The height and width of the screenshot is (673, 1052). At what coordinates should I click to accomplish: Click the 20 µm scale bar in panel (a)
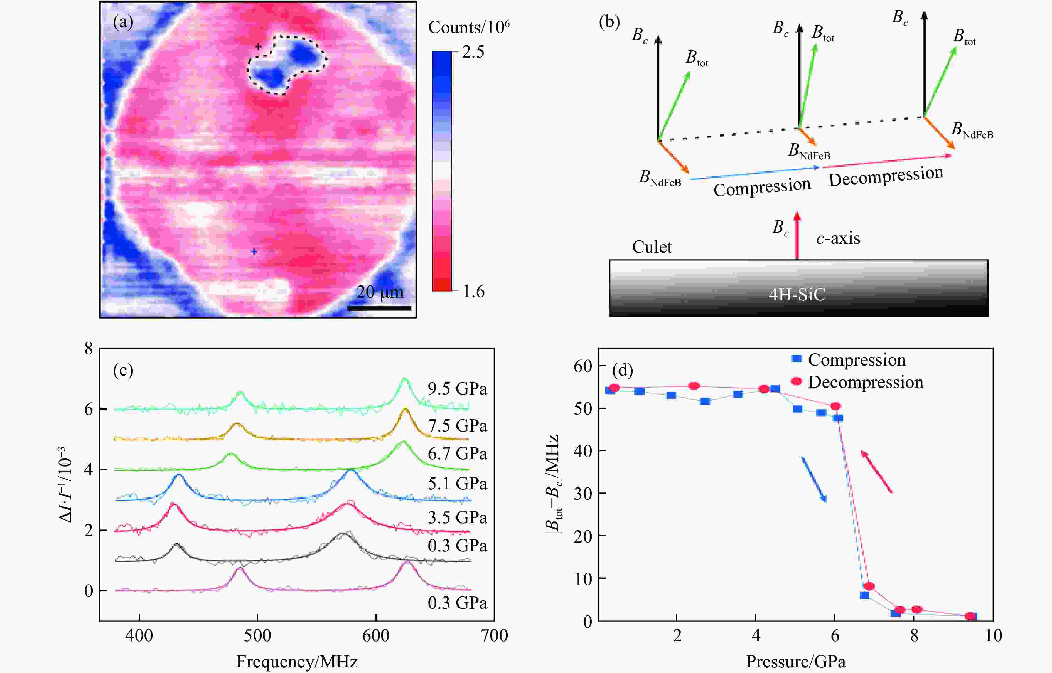pyautogui.click(x=379, y=308)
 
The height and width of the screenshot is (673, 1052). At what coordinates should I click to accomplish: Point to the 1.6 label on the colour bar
pyautogui.click(x=473, y=292)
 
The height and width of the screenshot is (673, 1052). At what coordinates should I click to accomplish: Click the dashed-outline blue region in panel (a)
pyautogui.click(x=286, y=65)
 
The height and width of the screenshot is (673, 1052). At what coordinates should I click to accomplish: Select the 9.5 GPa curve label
pyautogui.click(x=457, y=388)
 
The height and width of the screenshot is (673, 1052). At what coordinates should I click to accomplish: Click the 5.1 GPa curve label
pyautogui.click(x=457, y=484)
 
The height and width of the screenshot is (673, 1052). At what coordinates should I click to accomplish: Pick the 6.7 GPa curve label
pyautogui.click(x=457, y=453)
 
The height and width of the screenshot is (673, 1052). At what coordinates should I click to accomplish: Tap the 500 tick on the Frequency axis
pyautogui.click(x=257, y=635)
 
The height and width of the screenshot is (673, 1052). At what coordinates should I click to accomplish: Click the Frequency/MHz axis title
pyautogui.click(x=297, y=662)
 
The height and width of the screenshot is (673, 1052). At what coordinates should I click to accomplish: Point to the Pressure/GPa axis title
pyautogui.click(x=795, y=662)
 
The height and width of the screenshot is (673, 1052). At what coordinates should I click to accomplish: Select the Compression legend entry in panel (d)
pyautogui.click(x=856, y=360)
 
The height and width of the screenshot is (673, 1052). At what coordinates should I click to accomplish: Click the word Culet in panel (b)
pyautogui.click(x=652, y=247)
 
